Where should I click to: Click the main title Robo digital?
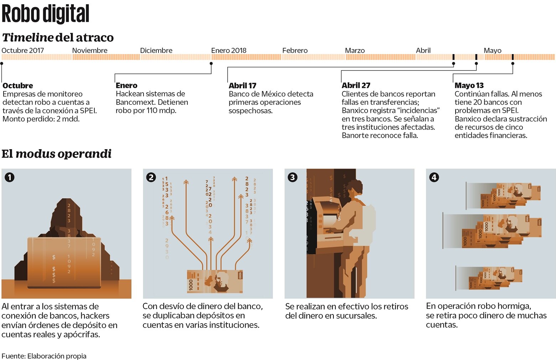point(45,14)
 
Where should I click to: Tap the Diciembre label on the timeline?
point(156,51)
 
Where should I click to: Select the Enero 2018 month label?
point(229,51)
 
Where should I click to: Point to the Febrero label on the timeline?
point(295,51)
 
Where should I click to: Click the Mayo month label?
point(492,51)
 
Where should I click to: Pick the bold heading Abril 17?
point(242,85)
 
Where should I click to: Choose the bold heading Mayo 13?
point(469,85)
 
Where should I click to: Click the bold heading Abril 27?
point(355,85)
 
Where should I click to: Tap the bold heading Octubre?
point(17,85)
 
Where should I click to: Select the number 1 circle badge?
point(10,177)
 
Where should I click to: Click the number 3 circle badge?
point(292,177)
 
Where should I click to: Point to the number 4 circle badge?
point(434,177)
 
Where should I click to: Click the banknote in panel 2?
point(215,281)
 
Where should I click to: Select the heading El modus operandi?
point(56,154)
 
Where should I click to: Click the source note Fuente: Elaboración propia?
point(44,356)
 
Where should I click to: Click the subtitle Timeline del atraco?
point(58,37)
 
